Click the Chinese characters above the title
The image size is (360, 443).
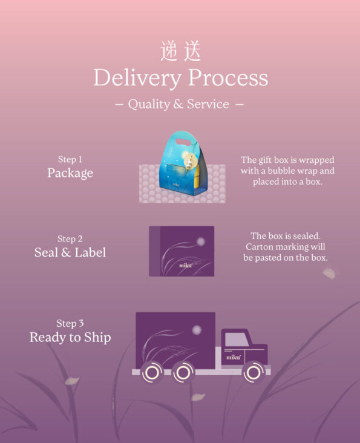click(181, 51)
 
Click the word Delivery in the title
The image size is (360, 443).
click(137, 78)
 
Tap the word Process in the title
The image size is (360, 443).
click(228, 77)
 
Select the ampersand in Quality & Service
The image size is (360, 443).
click(178, 104)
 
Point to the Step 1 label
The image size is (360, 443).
click(70, 159)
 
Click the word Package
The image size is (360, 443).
click(70, 173)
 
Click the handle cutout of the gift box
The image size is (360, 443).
click(183, 142)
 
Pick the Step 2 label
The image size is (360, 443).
click(70, 239)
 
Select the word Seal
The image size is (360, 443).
click(46, 252)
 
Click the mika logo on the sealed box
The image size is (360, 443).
click(186, 265)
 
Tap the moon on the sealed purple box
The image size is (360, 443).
click(200, 241)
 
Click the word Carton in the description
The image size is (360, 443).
click(259, 247)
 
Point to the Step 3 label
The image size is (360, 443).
click(70, 324)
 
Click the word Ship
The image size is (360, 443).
click(97, 338)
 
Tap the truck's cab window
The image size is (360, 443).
click(237, 340)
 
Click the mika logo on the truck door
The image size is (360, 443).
click(233, 358)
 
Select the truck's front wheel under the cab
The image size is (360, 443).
click(254, 372)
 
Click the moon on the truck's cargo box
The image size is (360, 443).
click(197, 330)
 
